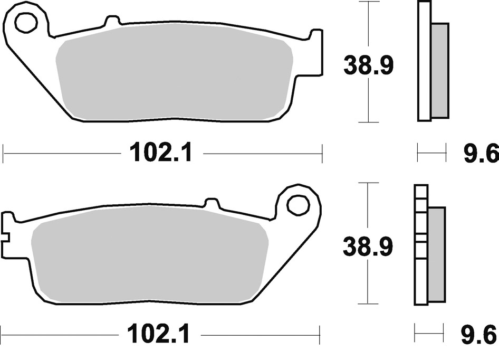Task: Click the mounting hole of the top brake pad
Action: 26,22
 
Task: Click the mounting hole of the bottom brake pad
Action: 298,204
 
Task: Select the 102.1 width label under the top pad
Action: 161,153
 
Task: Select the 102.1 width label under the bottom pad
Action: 158,335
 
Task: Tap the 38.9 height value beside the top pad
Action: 369,65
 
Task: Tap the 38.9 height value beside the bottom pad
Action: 368,247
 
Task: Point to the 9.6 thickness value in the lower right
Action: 479,335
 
